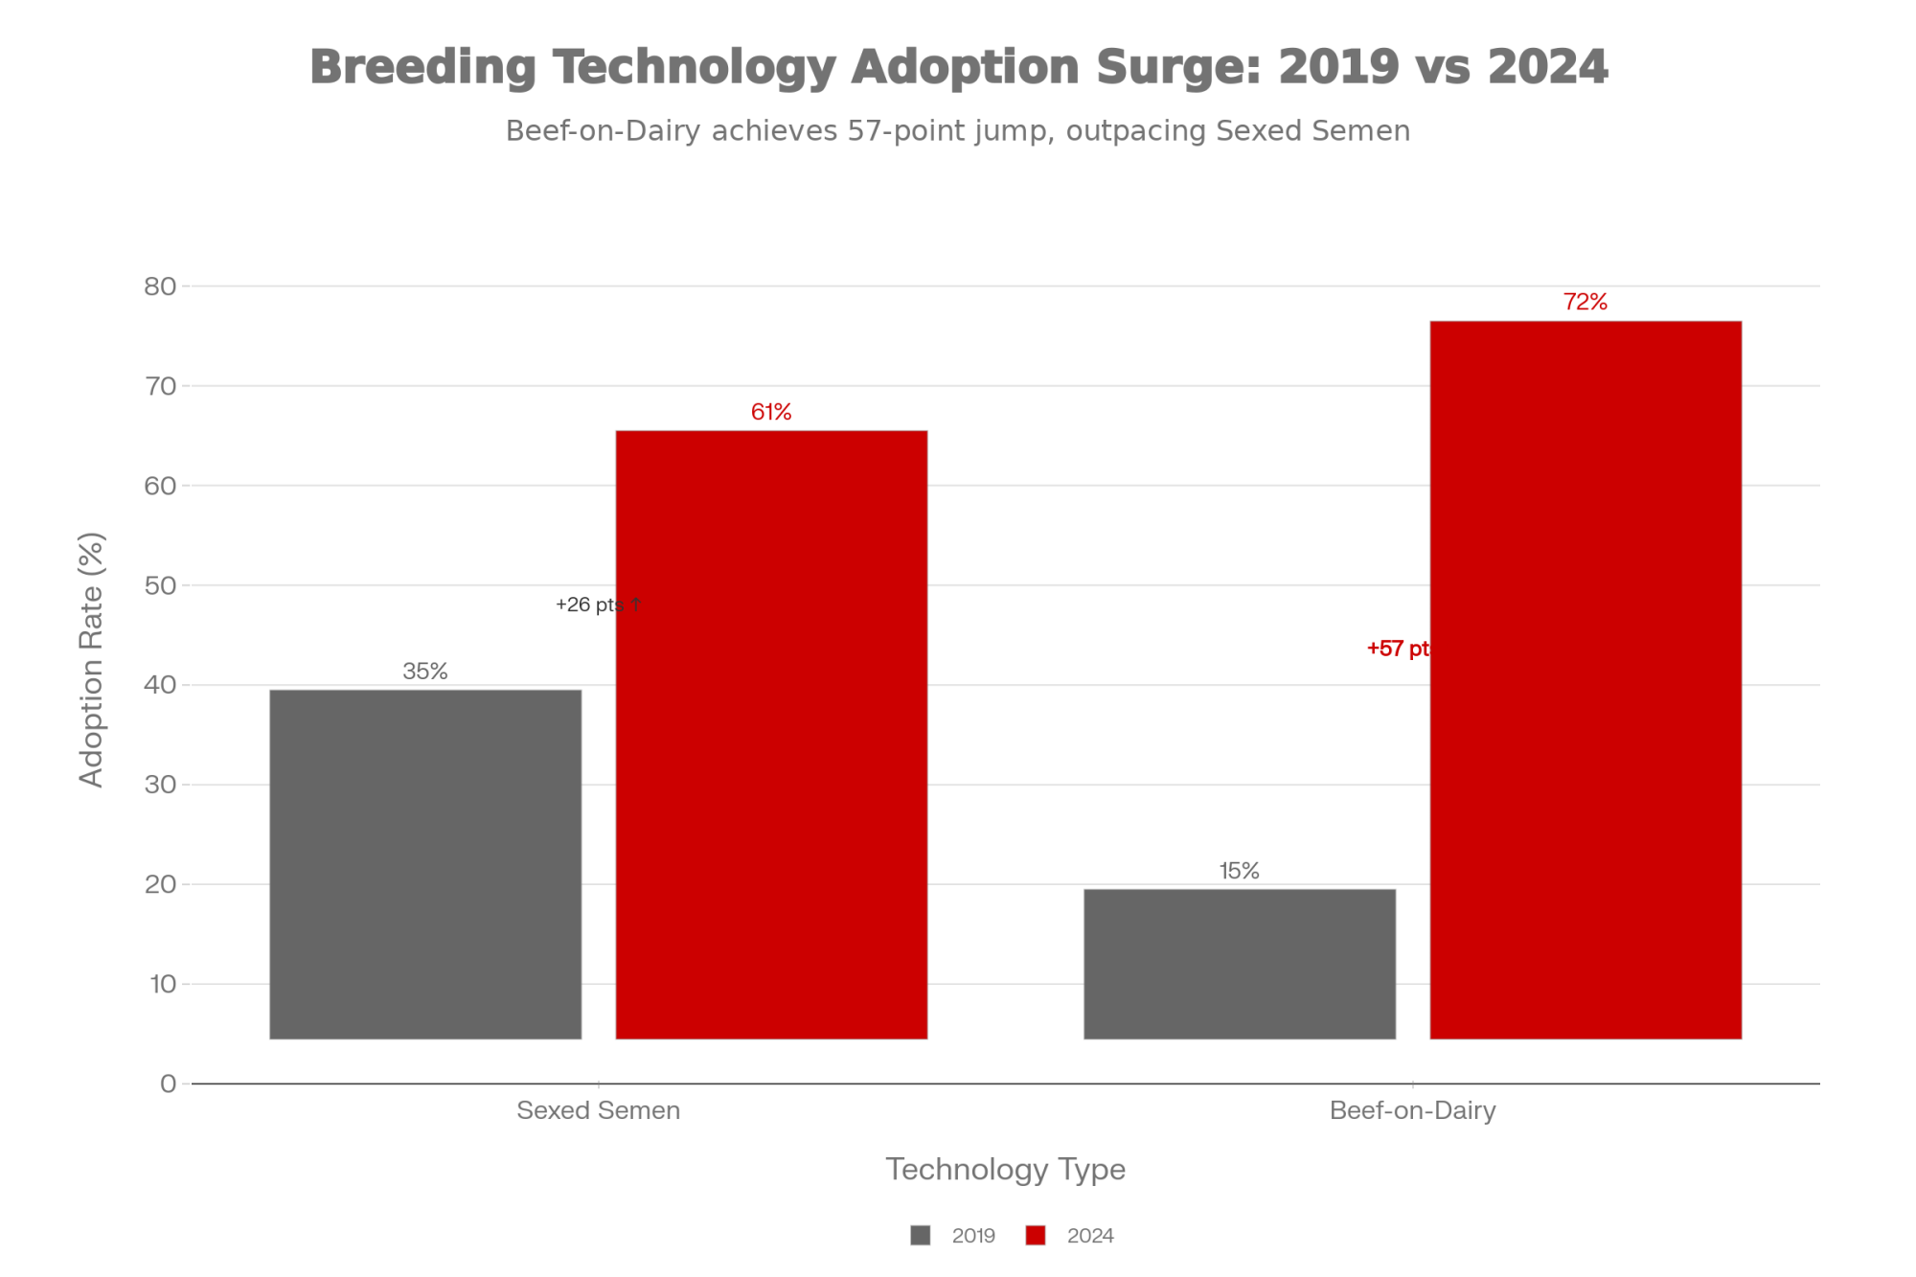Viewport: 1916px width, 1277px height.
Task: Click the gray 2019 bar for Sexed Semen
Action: (x=425, y=863)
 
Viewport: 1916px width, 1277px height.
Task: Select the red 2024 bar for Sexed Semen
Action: (x=771, y=734)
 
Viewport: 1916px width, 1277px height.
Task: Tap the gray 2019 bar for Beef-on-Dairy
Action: (x=1240, y=963)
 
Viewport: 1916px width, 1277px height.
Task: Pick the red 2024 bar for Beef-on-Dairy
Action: (x=1585, y=679)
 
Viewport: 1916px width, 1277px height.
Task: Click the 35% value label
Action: (x=425, y=672)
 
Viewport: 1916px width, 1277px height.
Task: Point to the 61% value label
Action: (x=771, y=412)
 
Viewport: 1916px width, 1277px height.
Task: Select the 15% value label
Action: (x=1240, y=871)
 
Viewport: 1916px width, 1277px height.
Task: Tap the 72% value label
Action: (x=1585, y=302)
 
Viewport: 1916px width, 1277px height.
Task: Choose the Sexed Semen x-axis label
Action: (x=598, y=1110)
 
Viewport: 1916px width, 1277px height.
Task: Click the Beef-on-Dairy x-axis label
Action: (x=1412, y=1110)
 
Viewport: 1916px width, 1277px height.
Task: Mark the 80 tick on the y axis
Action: (x=161, y=286)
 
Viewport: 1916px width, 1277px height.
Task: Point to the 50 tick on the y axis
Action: (x=161, y=585)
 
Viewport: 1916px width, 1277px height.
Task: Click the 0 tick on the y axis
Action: (x=169, y=1083)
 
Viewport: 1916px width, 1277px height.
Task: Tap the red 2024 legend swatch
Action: (x=1036, y=1236)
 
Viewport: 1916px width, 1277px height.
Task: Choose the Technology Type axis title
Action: (x=1005, y=1169)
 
